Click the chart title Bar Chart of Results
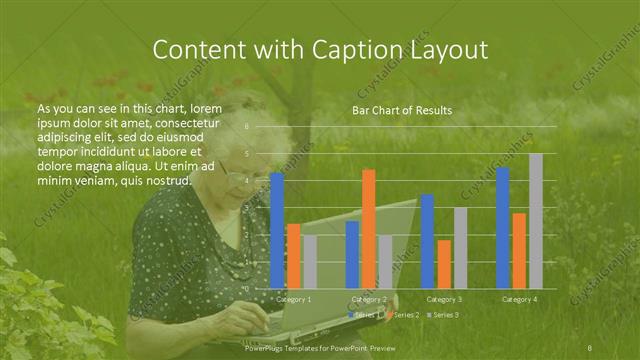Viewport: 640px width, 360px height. pyautogui.click(x=401, y=110)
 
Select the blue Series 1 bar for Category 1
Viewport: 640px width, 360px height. pyautogui.click(x=277, y=230)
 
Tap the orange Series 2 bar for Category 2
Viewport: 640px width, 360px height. pyautogui.click(x=369, y=228)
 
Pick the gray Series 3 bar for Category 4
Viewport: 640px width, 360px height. pyautogui.click(x=536, y=220)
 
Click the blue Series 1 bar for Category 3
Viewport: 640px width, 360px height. pyautogui.click(x=427, y=241)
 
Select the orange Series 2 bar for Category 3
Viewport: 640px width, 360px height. pyautogui.click(x=443, y=263)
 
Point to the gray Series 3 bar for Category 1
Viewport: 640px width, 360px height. pyautogui.click(x=309, y=261)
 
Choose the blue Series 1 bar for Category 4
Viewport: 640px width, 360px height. pyautogui.click(x=503, y=227)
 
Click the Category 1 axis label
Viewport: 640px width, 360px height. pyautogui.click(x=293, y=299)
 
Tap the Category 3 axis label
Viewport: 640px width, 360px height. pyautogui.click(x=444, y=299)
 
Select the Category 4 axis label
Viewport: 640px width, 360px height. pyautogui.click(x=519, y=299)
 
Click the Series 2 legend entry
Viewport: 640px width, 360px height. pyautogui.click(x=405, y=315)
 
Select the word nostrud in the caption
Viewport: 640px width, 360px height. pyautogui.click(x=164, y=180)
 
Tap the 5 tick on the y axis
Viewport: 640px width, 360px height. pyautogui.click(x=248, y=154)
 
